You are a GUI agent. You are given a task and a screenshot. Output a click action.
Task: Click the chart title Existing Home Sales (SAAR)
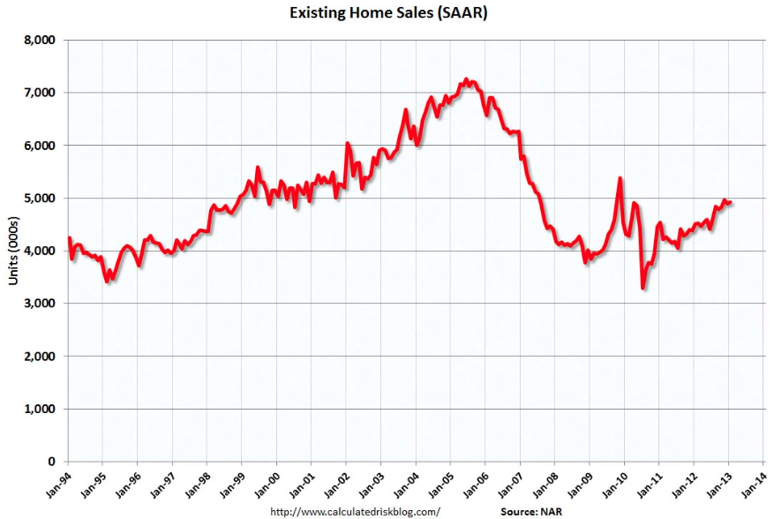point(387,13)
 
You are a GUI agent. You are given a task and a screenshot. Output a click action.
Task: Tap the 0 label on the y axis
point(52,462)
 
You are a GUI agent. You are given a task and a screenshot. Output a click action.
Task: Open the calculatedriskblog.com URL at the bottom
point(353,511)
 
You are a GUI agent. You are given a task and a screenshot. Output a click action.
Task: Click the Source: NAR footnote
point(531,511)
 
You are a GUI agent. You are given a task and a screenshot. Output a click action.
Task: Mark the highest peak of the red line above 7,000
point(467,79)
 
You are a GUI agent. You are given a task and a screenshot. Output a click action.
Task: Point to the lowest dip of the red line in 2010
point(642,289)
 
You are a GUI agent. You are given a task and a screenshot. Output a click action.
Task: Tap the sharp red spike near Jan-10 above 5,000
point(620,178)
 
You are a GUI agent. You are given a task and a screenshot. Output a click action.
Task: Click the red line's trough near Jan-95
point(108,281)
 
